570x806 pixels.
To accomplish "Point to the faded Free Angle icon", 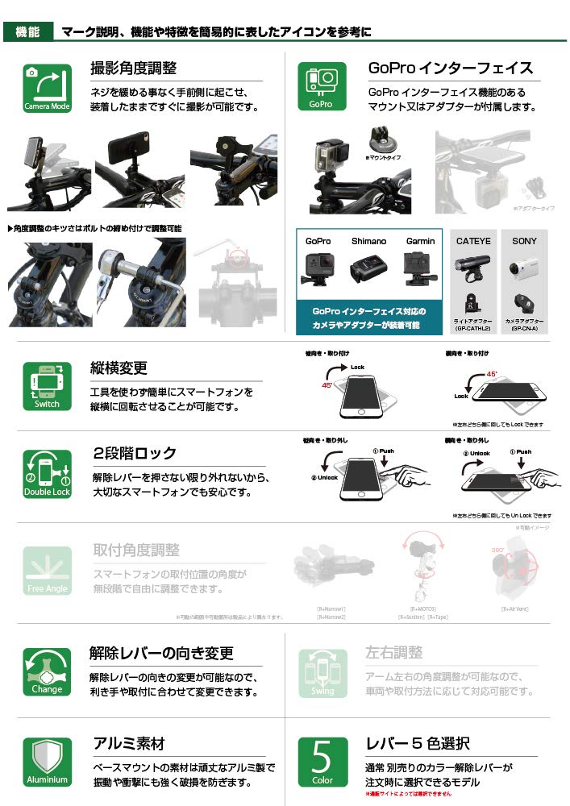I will pyautogui.click(x=47, y=571).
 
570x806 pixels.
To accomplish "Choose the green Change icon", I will pyautogui.click(x=47, y=672).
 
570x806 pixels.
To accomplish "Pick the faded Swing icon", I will pyautogui.click(x=322, y=672).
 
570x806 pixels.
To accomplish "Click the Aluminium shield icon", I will pyautogui.click(x=47, y=762).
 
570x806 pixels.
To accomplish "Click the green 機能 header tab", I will pyautogui.click(x=28, y=32).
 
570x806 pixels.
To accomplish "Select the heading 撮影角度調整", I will pyautogui.click(x=134, y=69).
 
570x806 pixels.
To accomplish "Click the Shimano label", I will pyautogui.click(x=368, y=241).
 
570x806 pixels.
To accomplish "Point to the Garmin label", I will pyautogui.click(x=420, y=241).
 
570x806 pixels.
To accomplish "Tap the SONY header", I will pyautogui.click(x=524, y=241).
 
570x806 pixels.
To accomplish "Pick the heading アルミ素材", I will pyautogui.click(x=129, y=743).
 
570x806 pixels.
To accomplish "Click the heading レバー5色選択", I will pyautogui.click(x=418, y=743).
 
